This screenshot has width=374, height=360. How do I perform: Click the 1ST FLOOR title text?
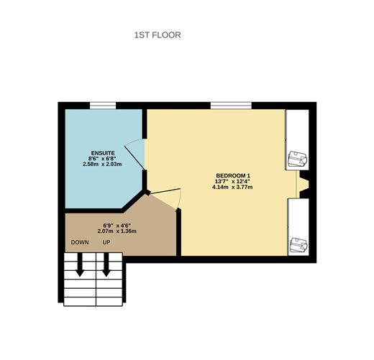pyautogui.click(x=158, y=34)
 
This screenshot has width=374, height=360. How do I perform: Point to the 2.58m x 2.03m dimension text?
pyautogui.click(x=102, y=165)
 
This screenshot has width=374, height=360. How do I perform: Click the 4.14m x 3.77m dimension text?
pyautogui.click(x=232, y=188)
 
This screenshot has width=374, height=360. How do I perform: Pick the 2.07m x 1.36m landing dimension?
pyautogui.click(x=117, y=231)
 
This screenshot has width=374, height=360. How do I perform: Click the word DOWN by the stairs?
pyautogui.click(x=79, y=242)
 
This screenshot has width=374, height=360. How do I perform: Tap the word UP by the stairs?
pyautogui.click(x=106, y=242)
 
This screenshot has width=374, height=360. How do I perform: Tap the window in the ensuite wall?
pyautogui.click(x=103, y=106)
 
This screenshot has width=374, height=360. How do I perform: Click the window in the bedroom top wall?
pyautogui.click(x=230, y=106)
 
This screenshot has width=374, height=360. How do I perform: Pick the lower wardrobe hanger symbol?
pyautogui.click(x=297, y=245)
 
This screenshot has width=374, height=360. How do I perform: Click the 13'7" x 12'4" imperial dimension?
pyautogui.click(x=232, y=182)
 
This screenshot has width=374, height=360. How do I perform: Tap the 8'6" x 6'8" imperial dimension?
pyautogui.click(x=102, y=159)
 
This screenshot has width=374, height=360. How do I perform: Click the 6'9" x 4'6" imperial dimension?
pyautogui.click(x=117, y=225)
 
